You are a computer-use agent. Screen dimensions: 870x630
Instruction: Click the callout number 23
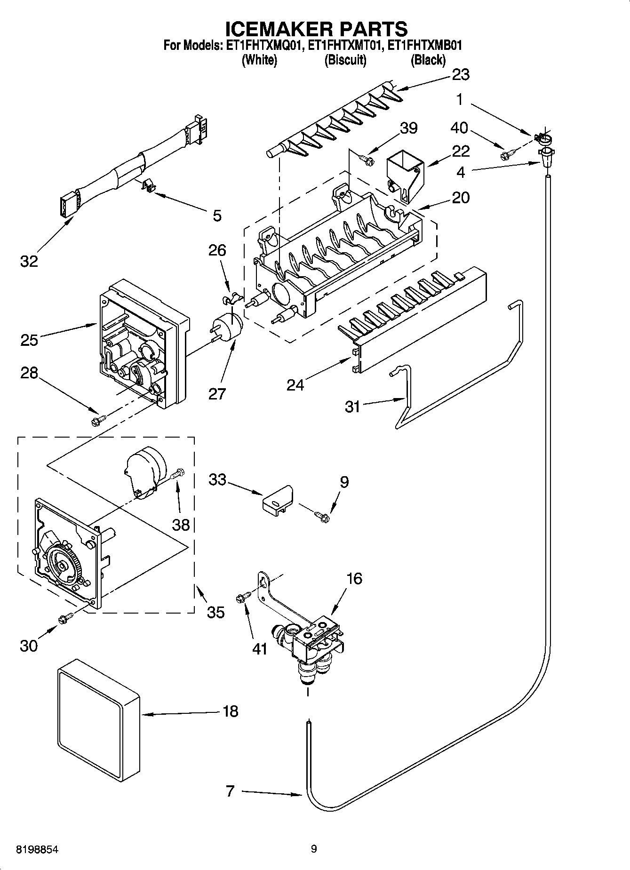[460, 74]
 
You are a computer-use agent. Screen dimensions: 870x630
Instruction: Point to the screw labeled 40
[508, 153]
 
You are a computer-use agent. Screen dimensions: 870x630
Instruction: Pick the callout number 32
[29, 261]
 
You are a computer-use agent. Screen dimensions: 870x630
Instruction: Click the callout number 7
[230, 791]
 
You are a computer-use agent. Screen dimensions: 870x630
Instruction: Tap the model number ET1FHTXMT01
[345, 46]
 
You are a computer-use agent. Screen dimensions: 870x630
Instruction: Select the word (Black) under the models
[428, 60]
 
